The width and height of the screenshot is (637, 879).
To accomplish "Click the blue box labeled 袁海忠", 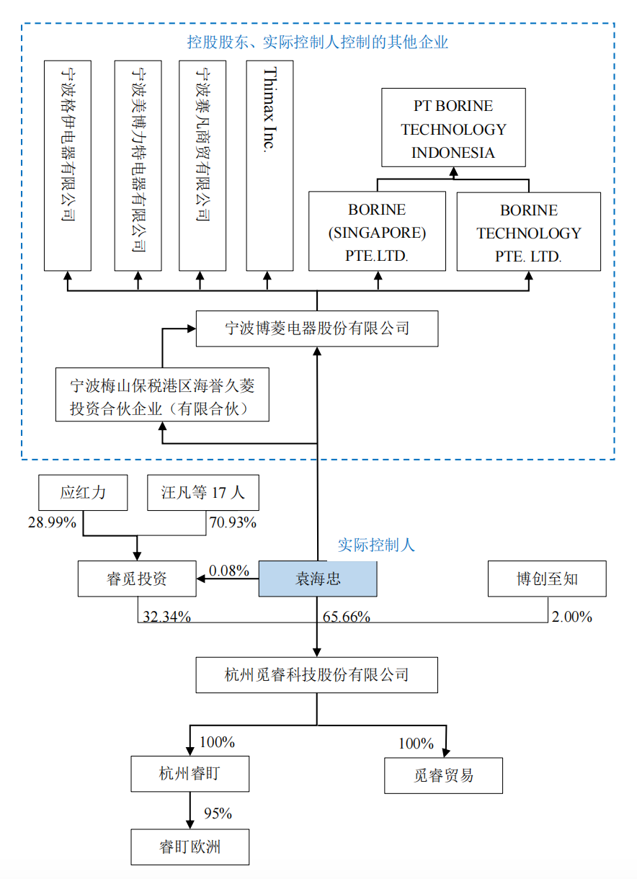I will click(x=318, y=579).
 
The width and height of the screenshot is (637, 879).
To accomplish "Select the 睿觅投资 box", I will click(x=137, y=579).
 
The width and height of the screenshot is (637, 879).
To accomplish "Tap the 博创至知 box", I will click(x=547, y=579).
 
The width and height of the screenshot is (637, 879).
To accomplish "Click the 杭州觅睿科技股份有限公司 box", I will click(x=317, y=675).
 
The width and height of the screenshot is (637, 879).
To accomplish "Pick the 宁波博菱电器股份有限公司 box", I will click(x=317, y=329).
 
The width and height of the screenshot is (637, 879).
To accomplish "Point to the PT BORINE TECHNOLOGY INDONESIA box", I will click(x=453, y=128).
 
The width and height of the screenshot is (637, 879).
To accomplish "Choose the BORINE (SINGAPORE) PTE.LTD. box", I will click(x=377, y=231).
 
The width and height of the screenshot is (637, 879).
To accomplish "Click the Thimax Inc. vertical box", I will click(x=269, y=166).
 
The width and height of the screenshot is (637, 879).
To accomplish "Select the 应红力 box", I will click(x=83, y=493).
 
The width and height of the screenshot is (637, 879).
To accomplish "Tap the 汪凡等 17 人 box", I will click(x=202, y=493).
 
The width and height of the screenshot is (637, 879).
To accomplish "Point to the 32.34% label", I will click(x=166, y=617).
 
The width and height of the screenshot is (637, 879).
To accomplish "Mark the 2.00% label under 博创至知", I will click(x=571, y=617).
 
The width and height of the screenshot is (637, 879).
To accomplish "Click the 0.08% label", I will click(x=228, y=571).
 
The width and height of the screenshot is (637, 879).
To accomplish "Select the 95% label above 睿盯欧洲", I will click(x=218, y=813).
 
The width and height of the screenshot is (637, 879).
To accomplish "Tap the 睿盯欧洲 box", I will click(x=190, y=847).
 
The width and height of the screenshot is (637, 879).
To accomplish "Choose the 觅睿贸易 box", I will click(x=443, y=776).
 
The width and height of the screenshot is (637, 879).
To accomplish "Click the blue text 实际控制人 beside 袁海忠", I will click(x=376, y=545).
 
